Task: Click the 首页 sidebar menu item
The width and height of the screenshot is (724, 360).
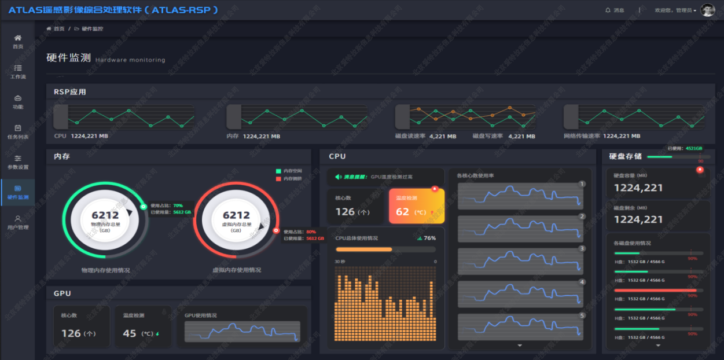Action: (18, 41)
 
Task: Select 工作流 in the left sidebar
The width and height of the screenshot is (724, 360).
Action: (18, 71)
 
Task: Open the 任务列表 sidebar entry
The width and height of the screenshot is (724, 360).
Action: (18, 132)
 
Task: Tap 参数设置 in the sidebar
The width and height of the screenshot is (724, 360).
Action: (18, 162)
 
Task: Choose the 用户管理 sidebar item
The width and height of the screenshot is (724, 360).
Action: (18, 222)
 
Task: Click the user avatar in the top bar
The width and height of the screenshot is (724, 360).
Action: (707, 10)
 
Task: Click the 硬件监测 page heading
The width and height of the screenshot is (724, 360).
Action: (69, 58)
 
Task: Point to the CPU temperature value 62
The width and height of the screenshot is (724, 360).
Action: (403, 212)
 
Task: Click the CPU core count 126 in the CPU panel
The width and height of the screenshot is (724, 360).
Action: (345, 212)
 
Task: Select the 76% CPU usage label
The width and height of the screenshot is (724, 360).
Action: (429, 238)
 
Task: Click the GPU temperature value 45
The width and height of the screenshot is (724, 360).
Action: (130, 333)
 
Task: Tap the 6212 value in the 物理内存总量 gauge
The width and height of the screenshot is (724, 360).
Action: (105, 215)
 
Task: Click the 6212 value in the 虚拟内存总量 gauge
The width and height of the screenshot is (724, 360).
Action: (236, 215)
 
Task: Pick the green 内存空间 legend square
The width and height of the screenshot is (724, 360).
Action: (278, 171)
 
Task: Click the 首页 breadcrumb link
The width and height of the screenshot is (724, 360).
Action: (58, 28)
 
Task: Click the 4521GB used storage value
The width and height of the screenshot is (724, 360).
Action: (693, 148)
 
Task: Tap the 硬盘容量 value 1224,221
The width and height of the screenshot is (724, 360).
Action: (638, 188)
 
